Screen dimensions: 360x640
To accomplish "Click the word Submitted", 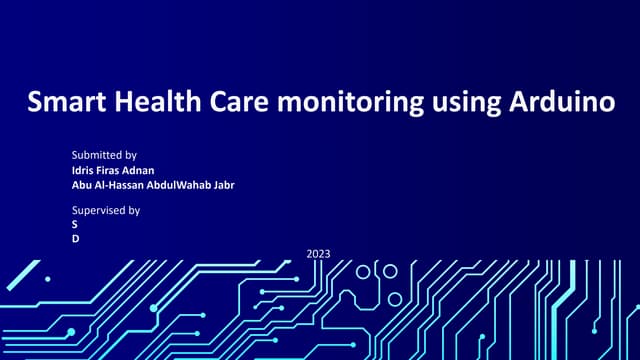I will click(x=96, y=155).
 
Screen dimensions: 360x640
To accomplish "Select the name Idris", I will click(x=83, y=170).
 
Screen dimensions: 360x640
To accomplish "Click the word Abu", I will click(x=82, y=184).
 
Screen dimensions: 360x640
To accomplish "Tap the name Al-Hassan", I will click(x=122, y=184).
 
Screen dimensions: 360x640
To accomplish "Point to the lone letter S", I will click(x=75, y=225).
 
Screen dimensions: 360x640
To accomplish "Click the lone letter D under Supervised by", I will click(x=75, y=239).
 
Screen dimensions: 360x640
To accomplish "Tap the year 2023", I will click(x=318, y=255).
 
